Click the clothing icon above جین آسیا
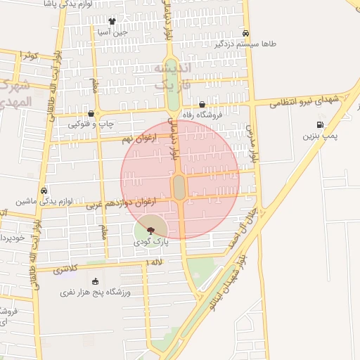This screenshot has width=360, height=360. tap(112, 21)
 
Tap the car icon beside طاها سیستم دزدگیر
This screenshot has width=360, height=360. tap(245, 33)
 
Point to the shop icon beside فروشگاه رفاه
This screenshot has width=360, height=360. tap(202, 104)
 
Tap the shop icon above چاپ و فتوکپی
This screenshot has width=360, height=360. tap(91, 113)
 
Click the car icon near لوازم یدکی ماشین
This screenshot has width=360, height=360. tap(44, 191)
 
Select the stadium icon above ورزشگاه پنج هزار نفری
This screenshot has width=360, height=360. tap(96, 281)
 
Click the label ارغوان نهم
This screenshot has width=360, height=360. tap(136, 140)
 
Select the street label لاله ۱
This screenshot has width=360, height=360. tap(153, 262)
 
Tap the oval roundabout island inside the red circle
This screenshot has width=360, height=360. tap(179, 187)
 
